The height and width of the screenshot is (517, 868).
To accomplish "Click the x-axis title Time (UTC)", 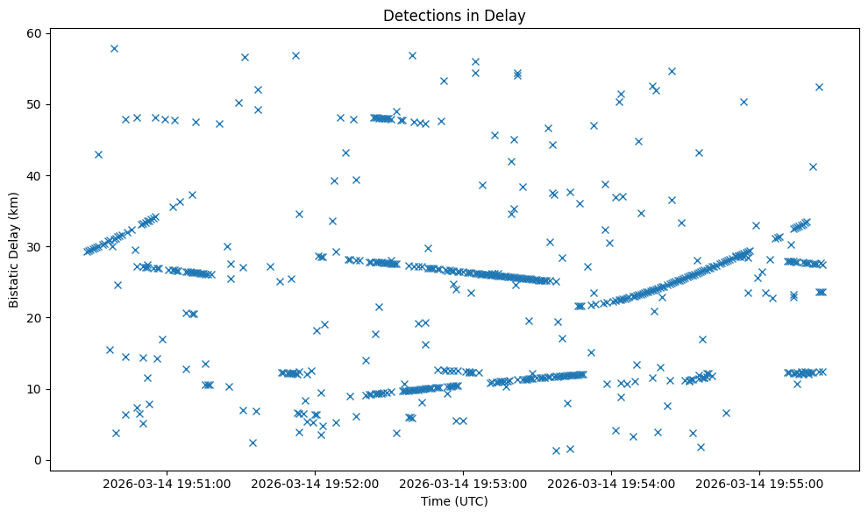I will coord(453,501).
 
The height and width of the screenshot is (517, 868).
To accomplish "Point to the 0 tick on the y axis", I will coord(37,460).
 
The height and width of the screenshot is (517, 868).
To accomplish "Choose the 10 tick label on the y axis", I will coord(33,389).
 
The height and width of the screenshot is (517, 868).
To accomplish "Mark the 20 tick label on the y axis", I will coord(33,317).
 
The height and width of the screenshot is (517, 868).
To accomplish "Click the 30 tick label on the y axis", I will coord(33,246).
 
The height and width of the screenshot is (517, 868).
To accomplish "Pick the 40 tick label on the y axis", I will coord(33,175).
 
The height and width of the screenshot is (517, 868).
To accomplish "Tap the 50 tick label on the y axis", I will coord(33,104).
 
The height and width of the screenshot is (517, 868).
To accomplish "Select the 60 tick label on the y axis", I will coord(33,33).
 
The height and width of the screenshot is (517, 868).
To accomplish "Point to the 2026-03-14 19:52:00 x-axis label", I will coord(317,483).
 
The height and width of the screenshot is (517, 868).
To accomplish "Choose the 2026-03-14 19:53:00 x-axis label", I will coord(464,483).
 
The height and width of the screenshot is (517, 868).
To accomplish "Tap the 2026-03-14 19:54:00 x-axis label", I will coord(612,483).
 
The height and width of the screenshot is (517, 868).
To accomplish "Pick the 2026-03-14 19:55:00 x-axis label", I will coord(759,483).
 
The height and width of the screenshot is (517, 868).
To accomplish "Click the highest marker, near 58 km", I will coord(114,48).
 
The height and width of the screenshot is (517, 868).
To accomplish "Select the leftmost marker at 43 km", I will coord(98,154).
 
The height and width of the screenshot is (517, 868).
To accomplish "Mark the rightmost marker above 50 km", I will coord(819,87).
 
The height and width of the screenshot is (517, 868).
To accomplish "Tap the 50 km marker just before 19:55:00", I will coord(743,102).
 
